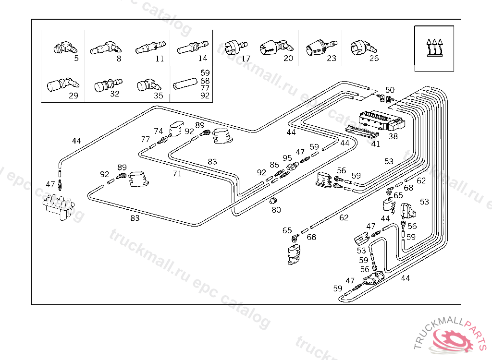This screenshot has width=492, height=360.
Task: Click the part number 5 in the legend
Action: (76, 59)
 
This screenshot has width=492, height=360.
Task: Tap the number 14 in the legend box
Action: (202, 59)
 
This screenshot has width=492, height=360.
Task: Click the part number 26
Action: (374, 59)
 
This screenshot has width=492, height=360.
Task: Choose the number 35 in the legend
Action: (159, 95)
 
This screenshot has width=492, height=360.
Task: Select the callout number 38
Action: (393, 136)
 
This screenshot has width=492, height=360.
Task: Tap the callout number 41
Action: (375, 144)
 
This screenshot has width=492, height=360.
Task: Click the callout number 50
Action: (390, 90)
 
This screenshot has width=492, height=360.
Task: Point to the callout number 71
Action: (177, 174)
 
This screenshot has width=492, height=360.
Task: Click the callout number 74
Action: (159, 131)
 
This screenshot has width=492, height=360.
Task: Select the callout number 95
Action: (287, 158)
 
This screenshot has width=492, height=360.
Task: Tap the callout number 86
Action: (274, 165)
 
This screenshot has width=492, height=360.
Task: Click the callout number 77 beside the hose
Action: (145, 139)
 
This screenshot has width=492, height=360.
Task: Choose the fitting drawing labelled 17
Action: (235, 47)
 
